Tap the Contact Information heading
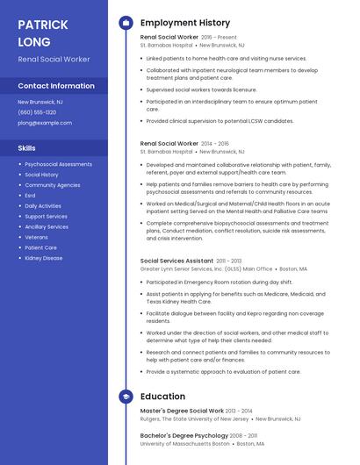[56, 86]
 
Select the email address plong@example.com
[45, 123]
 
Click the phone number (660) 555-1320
[37, 112]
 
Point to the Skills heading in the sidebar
[26, 148]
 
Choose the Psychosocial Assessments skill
[58, 164]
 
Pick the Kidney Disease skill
[44, 258]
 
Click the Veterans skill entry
[37, 237]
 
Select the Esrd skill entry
[31, 196]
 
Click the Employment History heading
[185, 23]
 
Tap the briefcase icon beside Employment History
[126, 23]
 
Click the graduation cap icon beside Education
[126, 397]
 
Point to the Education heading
[162, 397]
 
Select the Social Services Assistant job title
[176, 261]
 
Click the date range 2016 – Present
[220, 38]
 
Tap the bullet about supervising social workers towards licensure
[201, 89]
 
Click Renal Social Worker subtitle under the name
[54, 59]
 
